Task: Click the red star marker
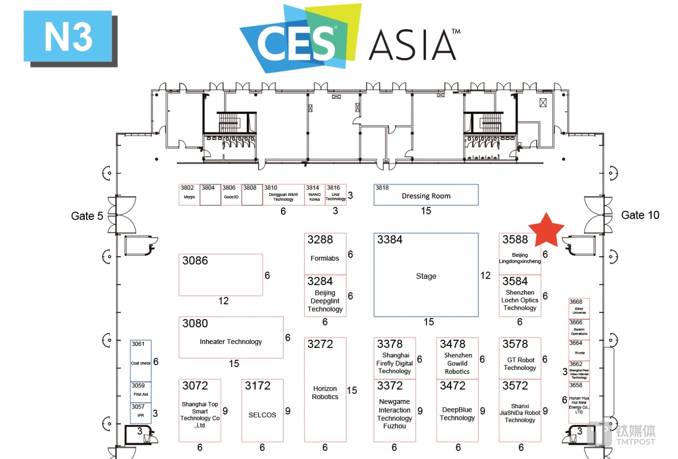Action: tap(546, 229)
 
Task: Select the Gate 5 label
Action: tap(87, 216)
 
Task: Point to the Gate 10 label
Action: tap(640, 215)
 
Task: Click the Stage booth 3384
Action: tap(426, 275)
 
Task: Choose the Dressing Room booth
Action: tap(426, 195)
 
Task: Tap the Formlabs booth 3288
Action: tap(325, 254)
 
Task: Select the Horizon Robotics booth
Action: tap(325, 390)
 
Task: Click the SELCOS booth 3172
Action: tap(262, 410)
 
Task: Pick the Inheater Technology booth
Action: tap(231, 337)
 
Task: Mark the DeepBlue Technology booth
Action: tap(457, 410)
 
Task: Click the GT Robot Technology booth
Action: tap(520, 358)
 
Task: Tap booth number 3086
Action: tap(221, 275)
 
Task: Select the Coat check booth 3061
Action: tap(141, 361)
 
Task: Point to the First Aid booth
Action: tap(141, 392)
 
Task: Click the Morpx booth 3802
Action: tap(189, 195)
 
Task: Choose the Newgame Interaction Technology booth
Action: tap(394, 410)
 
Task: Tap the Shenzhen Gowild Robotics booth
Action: tap(457, 358)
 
